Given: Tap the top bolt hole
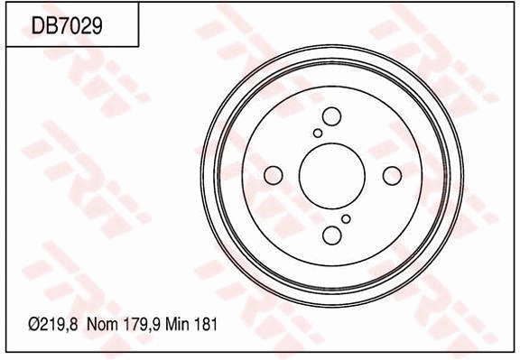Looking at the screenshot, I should pos(331,115).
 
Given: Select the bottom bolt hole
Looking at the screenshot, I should pos(331,235).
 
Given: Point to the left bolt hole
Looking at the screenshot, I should pos(272,175).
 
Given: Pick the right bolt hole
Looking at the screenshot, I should pos(392,175).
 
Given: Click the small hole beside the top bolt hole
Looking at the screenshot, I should pos(318,133).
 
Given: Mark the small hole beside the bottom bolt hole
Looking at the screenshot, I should pos(346,218).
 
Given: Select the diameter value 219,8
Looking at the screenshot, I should pos(60,322).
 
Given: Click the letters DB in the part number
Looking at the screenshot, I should pos(42,26).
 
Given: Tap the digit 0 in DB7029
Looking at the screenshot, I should pos(73,26).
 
